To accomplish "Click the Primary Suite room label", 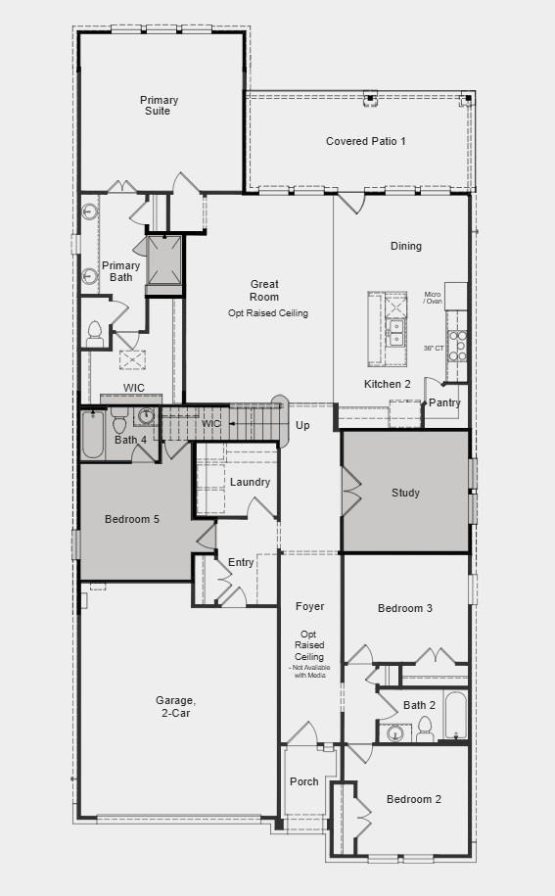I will tap(159, 106).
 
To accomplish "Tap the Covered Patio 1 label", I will tap(365, 141).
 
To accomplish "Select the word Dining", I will tap(405, 246).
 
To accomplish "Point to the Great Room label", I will tap(263, 291).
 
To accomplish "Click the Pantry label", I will tap(444, 402).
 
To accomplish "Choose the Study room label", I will tap(405, 493).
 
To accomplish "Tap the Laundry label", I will tap(250, 482).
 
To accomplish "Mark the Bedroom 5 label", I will tap(132, 519).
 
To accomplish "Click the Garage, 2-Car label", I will tap(175, 707).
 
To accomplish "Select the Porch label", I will tap(303, 781).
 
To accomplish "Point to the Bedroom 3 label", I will tap(405, 608).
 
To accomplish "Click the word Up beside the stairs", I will tap(302, 426).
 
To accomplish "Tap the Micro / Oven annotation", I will tap(433, 298).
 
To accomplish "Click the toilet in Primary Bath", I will tap(95, 334).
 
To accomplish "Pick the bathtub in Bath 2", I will tap(455, 716).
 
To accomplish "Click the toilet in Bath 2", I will tap(425, 728).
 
